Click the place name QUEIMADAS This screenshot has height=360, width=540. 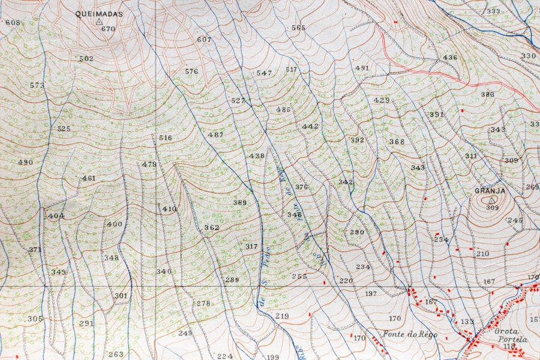coord(99,13)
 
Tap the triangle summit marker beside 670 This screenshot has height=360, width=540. coord(99,22)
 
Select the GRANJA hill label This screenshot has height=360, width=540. coord(490,191)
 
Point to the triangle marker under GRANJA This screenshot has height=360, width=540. coord(492,200)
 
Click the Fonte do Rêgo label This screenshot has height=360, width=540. coord(410,334)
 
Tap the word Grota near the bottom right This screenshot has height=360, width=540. coord(506,331)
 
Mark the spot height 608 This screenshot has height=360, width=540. coord(13,23)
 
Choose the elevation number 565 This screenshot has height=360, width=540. coord(298,28)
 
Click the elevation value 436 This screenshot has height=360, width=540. coord(450,58)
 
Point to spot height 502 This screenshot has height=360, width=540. coord(86,59)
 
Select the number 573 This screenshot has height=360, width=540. coord(37,85)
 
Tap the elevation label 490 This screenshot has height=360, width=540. coord(25,162)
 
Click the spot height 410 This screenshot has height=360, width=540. coord(169,209)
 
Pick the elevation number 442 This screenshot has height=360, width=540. coord(310,126)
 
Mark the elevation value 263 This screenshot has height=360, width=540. coord(116,354)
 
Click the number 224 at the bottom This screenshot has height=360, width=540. coord(224,356)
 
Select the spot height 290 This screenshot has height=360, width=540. coord(357,232)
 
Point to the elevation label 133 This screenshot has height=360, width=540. coord(467,322)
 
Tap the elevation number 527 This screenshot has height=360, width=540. coord(238,100)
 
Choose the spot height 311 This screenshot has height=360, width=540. coord(471,156)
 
